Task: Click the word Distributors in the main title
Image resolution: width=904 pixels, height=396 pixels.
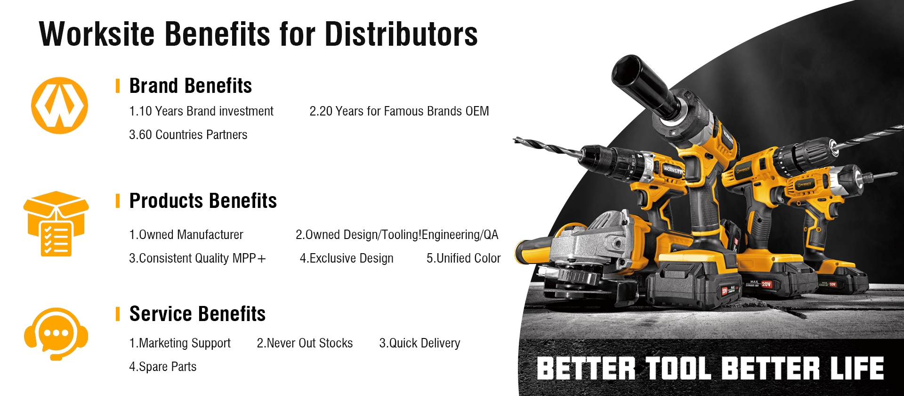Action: [x=401, y=34]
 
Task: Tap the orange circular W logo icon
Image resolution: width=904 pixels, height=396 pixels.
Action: [x=59, y=106]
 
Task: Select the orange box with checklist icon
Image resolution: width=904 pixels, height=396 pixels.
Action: [x=56, y=223]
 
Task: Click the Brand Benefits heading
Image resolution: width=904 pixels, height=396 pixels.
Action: [x=190, y=86]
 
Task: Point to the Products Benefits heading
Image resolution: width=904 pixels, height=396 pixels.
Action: [x=203, y=201]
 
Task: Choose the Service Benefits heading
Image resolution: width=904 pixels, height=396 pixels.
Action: [x=197, y=314]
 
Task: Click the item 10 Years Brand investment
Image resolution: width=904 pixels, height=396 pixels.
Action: [x=201, y=111]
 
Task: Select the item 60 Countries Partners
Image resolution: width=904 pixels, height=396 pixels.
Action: [x=188, y=135]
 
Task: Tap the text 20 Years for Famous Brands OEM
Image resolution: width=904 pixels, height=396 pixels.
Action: [x=399, y=111]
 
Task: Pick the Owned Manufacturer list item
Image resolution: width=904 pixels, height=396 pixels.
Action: [x=186, y=235]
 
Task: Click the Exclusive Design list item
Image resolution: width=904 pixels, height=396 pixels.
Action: [x=347, y=258]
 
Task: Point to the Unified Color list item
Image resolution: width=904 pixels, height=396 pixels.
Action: [x=463, y=258]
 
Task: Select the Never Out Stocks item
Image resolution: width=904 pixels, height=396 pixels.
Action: [x=305, y=343]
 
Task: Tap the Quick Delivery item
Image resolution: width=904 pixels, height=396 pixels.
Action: [x=420, y=343]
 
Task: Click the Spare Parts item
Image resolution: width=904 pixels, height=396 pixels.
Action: [x=162, y=367]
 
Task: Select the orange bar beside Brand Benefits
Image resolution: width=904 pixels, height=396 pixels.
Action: [x=118, y=86]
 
